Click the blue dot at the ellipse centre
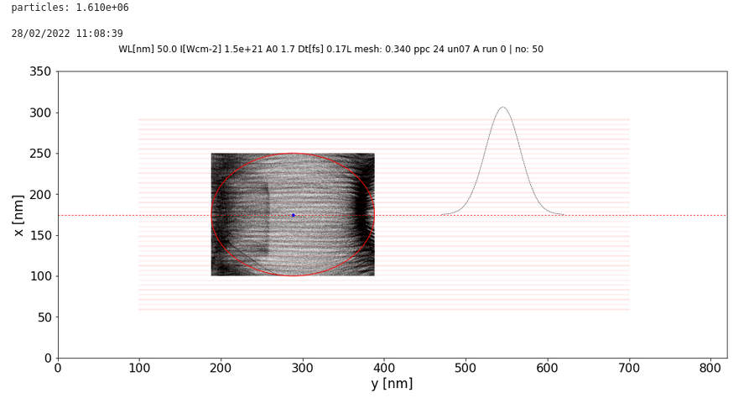(x=293, y=215)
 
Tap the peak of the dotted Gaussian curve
(x=502, y=107)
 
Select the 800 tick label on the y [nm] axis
(x=710, y=368)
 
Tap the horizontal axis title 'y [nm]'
(x=392, y=385)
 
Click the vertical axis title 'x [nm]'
(x=18, y=215)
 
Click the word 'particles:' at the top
(x=38, y=8)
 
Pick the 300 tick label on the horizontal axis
(x=302, y=368)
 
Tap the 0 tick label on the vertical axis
(x=47, y=359)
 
